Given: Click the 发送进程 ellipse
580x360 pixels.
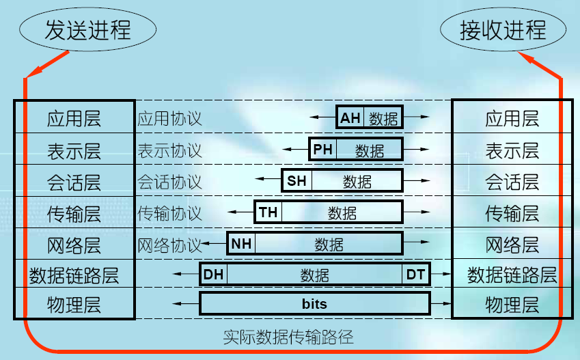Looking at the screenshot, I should [87, 31].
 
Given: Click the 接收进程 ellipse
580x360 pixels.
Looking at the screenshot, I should [503, 31].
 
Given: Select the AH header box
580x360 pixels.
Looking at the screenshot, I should [350, 118].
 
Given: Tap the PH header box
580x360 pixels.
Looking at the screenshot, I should [323, 149].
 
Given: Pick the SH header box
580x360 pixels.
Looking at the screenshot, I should [296, 181].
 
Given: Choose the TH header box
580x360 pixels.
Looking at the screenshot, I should [268, 212].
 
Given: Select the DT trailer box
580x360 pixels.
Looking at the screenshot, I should [416, 275].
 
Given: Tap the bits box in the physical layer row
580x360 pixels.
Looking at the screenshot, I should [314, 304].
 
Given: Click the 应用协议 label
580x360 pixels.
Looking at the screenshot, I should [169, 119].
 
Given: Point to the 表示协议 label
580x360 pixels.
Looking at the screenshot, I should [169, 150].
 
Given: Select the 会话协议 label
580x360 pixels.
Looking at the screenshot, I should [169, 182].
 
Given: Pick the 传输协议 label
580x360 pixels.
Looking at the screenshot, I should [169, 213].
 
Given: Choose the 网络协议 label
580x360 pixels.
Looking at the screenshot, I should [169, 245].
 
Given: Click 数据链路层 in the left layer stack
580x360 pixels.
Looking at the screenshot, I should [74, 275].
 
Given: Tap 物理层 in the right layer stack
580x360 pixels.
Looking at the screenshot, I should [512, 304].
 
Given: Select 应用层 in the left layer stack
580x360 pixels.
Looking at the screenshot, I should [74, 119].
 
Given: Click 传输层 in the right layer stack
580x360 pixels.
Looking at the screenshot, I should [512, 213].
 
